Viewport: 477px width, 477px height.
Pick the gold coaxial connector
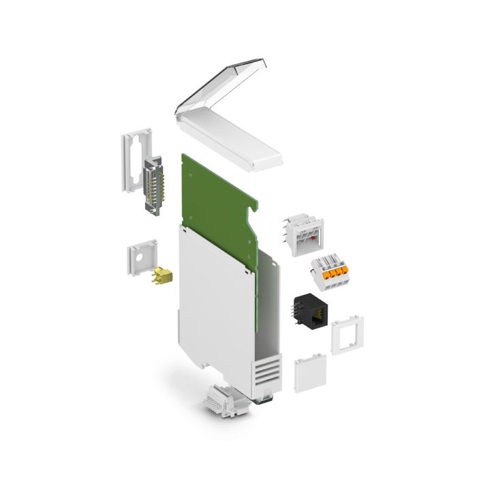(163, 276)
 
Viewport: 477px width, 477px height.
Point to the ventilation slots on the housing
(266, 372)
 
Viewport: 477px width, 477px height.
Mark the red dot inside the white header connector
(313, 238)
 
